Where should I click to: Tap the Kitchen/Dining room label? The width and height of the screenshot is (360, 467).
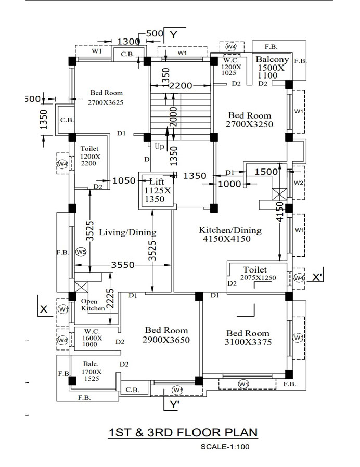click(230, 234)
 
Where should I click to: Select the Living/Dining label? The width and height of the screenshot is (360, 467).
click(127, 232)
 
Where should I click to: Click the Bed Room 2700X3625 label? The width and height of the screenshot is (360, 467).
click(106, 97)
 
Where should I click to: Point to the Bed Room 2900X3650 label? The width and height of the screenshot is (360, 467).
click(166, 335)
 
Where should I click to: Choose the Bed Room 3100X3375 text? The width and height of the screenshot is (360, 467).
click(248, 338)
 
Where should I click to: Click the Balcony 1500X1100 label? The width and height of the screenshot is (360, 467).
click(272, 67)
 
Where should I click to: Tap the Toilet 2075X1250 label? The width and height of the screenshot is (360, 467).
click(258, 274)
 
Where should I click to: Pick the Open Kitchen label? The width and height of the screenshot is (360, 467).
click(93, 305)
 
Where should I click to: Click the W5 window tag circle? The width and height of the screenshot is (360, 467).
click(81, 252)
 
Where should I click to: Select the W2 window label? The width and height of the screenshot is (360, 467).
click(298, 183)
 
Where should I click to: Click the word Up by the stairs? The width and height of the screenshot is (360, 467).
click(159, 146)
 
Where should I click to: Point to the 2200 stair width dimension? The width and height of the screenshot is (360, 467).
click(181, 86)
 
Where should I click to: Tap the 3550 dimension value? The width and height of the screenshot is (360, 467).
click(123, 265)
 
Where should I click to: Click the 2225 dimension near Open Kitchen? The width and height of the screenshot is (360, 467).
click(110, 298)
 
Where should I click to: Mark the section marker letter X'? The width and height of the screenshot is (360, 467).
click(317, 277)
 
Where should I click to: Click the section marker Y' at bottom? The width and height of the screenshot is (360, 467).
click(174, 405)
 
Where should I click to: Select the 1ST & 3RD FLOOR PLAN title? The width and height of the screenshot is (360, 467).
click(183, 432)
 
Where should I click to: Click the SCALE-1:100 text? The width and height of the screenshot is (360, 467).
click(225, 446)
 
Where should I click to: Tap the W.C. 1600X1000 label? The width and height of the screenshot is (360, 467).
click(92, 338)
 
